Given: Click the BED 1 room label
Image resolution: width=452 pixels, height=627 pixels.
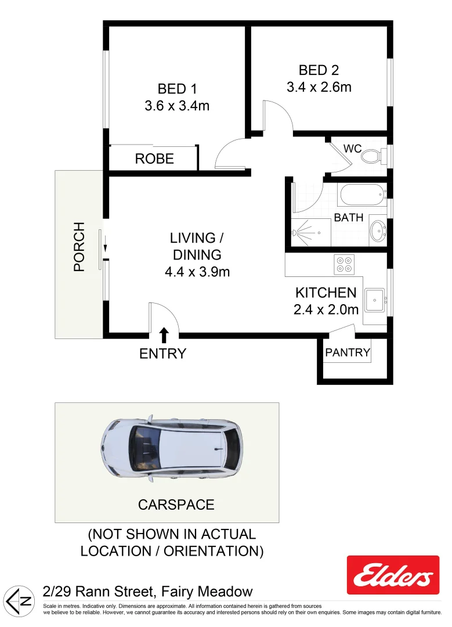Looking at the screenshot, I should tap(177, 89).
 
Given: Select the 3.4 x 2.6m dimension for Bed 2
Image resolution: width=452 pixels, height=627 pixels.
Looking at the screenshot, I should tap(319, 87).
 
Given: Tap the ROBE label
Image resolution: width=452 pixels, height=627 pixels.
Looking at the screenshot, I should tap(154, 158).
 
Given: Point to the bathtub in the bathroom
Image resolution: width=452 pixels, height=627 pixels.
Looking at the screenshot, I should tap(363, 194).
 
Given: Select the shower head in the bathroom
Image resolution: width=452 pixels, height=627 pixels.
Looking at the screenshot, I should tap(296, 233).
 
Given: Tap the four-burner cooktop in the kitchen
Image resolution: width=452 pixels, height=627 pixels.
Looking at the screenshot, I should tap(344, 265).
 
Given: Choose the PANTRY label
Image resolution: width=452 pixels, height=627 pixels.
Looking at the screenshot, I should tap(348, 352).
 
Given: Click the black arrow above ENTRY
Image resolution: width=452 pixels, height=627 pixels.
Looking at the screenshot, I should tap(164, 334).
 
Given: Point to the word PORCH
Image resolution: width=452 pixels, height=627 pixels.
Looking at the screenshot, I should tap(79, 247).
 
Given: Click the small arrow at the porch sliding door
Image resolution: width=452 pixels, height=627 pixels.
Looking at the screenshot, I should tap(106, 247).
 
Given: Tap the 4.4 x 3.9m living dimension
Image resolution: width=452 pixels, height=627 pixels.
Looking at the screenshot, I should tap(197, 271).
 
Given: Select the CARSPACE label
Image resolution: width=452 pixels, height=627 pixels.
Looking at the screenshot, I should tap(176, 505).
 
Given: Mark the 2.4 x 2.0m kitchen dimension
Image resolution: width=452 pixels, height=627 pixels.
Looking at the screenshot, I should tap(326, 309).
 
